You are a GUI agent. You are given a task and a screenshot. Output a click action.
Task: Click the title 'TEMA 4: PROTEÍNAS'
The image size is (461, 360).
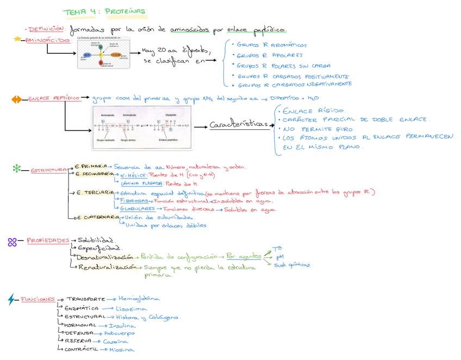pos(104,12)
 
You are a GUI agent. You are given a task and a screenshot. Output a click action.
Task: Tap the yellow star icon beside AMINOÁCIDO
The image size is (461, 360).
pos(17,39)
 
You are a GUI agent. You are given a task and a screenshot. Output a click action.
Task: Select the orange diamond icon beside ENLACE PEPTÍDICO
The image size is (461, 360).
pos(17,99)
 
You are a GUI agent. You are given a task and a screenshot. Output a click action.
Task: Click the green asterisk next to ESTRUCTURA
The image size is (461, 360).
pos(16,169)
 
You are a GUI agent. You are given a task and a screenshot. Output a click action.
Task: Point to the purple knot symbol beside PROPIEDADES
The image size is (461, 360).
pos(12,241)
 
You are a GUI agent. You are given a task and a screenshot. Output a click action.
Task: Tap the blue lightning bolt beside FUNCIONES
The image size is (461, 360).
pos(12,299)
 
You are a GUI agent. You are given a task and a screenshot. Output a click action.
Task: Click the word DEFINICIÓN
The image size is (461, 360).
pos(47,29)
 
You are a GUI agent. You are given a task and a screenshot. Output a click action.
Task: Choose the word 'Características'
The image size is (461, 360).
pos(239,125)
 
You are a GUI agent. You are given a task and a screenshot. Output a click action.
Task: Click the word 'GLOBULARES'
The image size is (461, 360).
pos(136,208)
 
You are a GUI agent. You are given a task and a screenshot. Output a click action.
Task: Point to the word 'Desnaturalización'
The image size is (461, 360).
pos(105,256)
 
